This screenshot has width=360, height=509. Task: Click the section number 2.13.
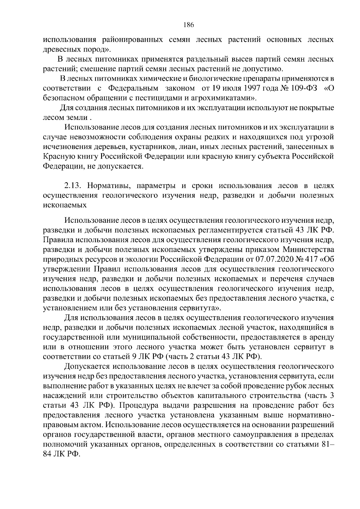[72, 186]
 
